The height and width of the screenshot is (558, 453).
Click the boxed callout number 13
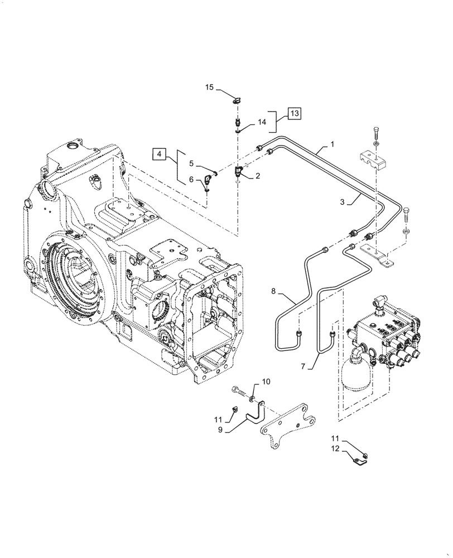coord(294,113)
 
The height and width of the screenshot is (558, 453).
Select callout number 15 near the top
coord(209,88)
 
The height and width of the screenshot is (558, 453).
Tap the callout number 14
coord(262,122)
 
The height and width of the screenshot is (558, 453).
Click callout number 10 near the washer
coord(266,382)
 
